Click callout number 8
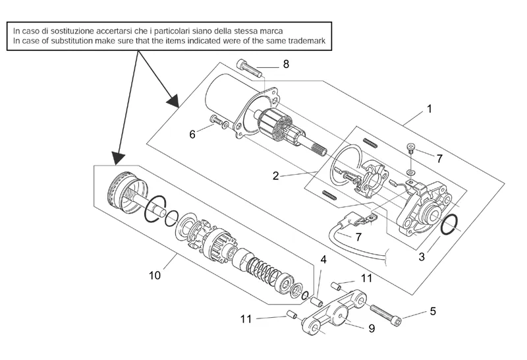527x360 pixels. pos(286,64)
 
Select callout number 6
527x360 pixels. pos(193,134)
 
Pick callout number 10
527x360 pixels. pos(155,276)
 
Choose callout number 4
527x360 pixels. pos(323,260)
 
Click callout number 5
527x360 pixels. pos(433,310)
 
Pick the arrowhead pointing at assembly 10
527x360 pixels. pos(118,158)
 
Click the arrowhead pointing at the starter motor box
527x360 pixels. pos(173,101)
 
